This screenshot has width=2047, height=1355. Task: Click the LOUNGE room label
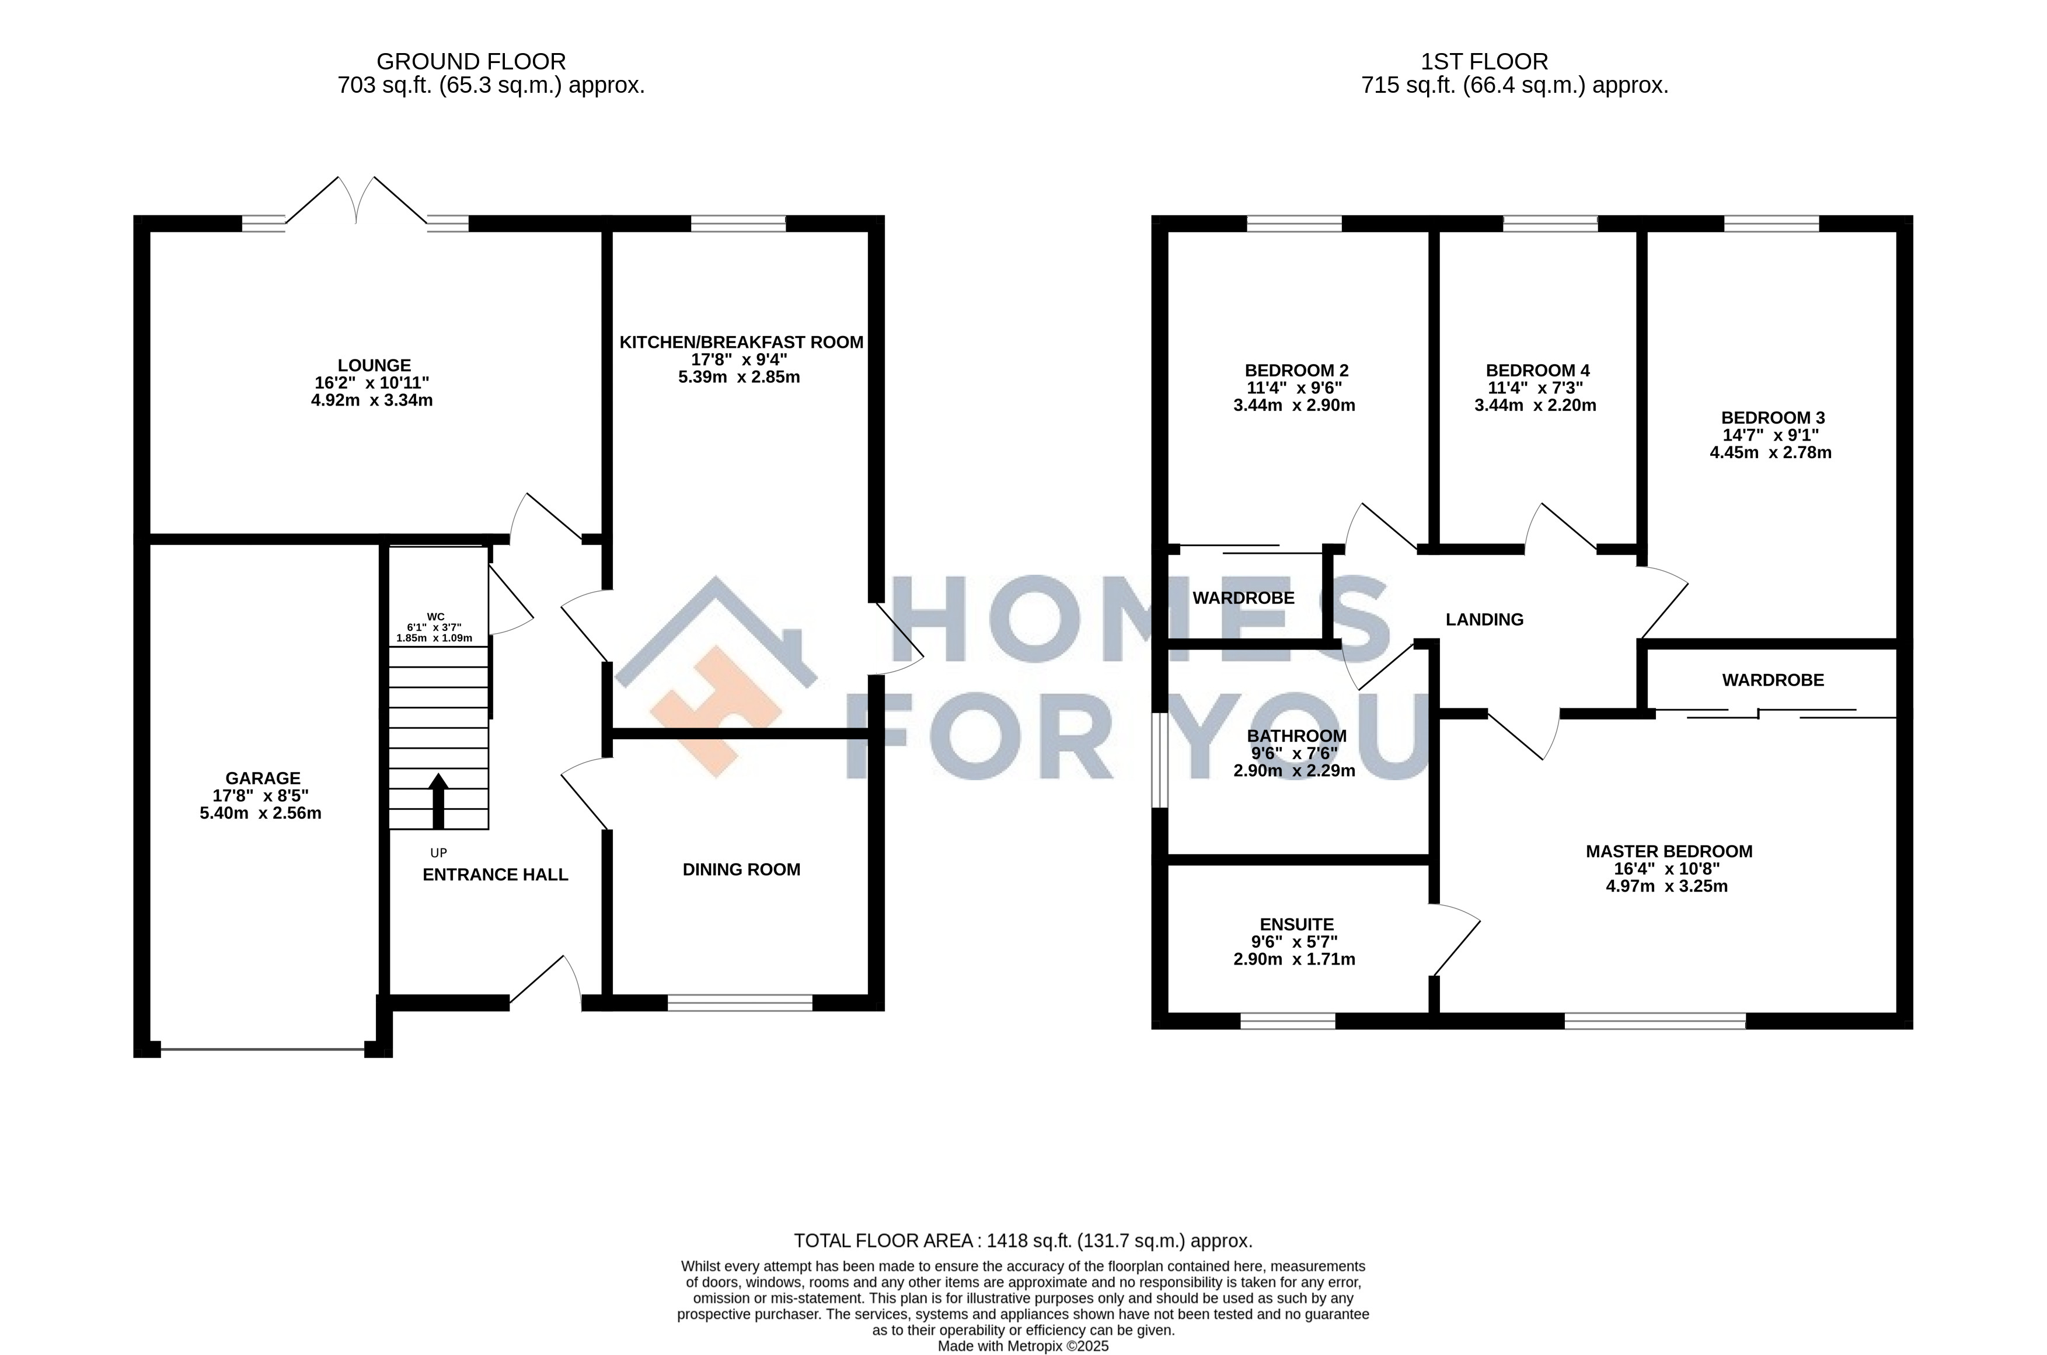click(374, 365)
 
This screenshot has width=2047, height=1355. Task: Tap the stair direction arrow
click(438, 801)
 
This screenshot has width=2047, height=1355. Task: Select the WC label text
click(435, 617)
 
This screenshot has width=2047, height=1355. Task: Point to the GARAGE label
click(263, 778)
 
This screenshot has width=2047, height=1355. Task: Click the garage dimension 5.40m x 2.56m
click(260, 813)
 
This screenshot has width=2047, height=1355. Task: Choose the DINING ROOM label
click(742, 870)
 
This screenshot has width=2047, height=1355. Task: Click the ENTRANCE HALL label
click(496, 875)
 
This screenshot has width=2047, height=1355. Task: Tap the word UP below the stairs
click(438, 853)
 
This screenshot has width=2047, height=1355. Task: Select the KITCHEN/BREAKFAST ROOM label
click(742, 342)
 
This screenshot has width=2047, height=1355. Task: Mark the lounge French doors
click(356, 201)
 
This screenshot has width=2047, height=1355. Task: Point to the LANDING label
click(1485, 620)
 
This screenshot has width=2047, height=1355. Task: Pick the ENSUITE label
click(1296, 925)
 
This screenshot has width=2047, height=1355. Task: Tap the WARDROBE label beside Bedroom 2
click(1244, 598)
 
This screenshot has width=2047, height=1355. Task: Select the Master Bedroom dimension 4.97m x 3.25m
click(1666, 886)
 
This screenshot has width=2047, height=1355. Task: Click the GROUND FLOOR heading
click(471, 61)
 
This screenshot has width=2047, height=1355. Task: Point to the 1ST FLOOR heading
click(1484, 61)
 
